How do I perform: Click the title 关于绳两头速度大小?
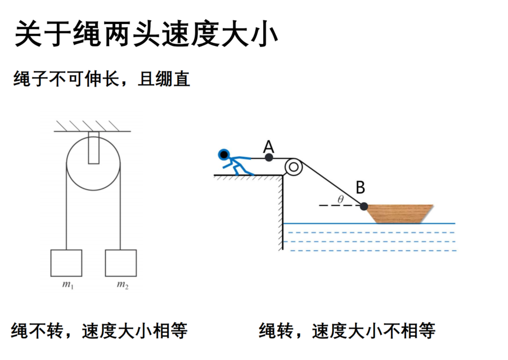point(146,34)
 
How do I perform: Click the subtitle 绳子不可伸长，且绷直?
point(102,79)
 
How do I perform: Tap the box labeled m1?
point(66,263)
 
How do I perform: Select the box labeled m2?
point(121,263)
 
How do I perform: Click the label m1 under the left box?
point(68,285)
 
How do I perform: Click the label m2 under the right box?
point(123,285)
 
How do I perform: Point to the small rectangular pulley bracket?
point(93,147)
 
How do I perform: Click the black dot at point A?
point(269,157)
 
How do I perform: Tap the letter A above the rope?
point(269,146)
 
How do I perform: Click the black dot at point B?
point(364,206)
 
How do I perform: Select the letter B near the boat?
point(361,187)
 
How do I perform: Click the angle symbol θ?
point(340,199)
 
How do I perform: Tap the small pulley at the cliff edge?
point(293,167)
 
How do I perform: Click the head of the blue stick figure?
point(224,155)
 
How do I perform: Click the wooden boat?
point(400,214)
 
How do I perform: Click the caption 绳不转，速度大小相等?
point(99,331)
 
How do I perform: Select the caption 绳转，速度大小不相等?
point(347,331)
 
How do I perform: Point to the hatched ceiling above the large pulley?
point(92,126)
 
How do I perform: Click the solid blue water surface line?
point(369,223)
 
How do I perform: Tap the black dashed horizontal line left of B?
point(340,205)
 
